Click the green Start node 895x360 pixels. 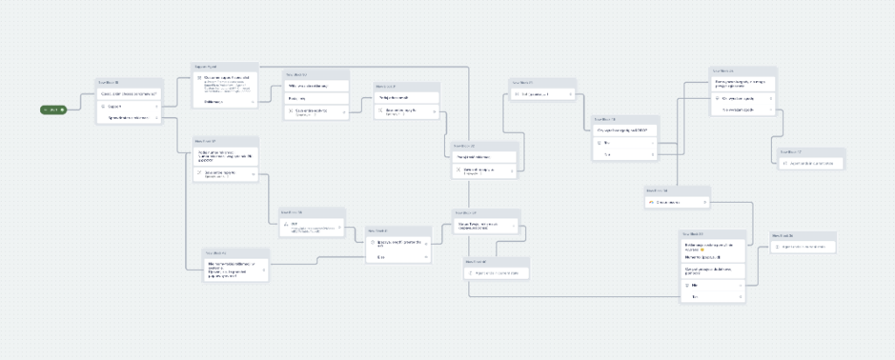[53, 109]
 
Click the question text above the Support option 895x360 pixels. [128, 93]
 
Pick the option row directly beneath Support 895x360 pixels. [128, 116]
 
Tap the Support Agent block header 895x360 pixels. [225, 66]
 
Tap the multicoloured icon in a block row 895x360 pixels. [651, 202]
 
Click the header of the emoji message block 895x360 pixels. [712, 233]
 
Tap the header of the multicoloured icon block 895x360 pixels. [677, 190]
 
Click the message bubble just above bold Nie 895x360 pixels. [712, 270]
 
